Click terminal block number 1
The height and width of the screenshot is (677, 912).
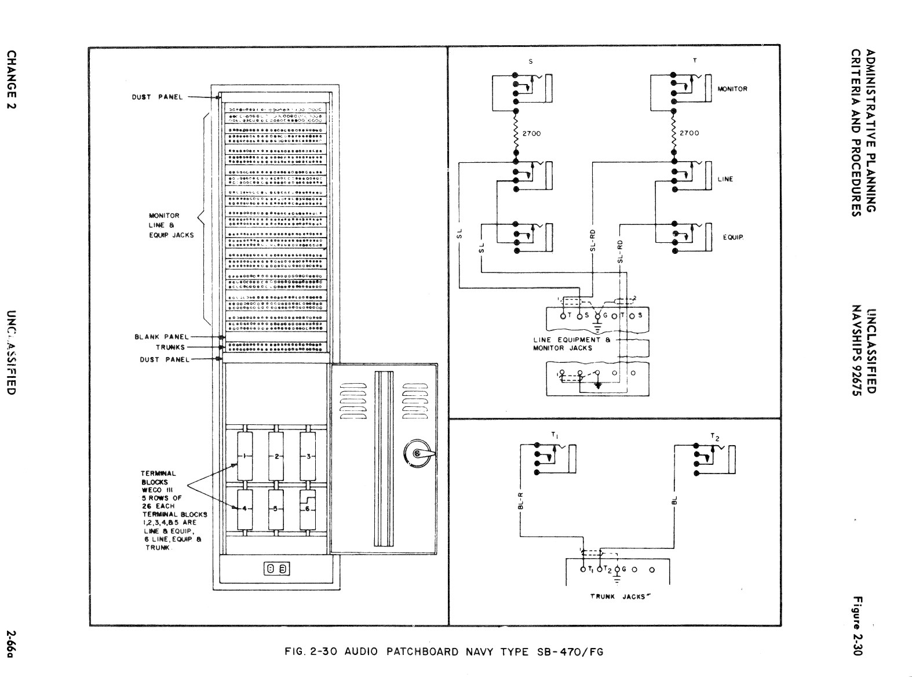245,456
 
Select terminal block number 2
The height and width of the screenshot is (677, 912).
277,456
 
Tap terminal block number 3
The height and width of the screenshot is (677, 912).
308,456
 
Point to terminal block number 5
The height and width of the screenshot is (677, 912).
277,509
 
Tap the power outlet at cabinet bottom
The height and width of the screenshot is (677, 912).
276,569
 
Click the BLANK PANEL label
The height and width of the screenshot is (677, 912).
162,337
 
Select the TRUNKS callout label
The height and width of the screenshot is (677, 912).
170,347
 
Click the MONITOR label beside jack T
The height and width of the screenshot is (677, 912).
732,89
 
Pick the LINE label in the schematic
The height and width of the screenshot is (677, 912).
725,179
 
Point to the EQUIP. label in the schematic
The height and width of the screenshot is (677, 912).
733,238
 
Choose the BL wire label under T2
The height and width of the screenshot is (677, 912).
674,500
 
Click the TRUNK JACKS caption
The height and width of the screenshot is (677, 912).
618,596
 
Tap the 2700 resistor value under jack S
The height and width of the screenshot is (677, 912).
531,133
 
